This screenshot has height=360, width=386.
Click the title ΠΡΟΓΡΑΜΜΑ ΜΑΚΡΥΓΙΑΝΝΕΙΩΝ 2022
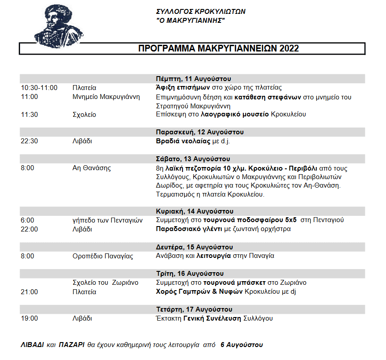(x=218, y=48)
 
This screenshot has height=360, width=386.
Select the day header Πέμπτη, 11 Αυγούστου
(x=193, y=78)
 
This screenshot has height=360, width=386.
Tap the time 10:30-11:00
(x=39, y=88)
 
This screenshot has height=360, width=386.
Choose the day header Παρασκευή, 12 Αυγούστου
(x=200, y=132)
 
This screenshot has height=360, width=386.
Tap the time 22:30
(x=30, y=141)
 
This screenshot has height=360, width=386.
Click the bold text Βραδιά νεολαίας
(x=181, y=141)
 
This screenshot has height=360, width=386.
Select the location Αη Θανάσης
(x=92, y=168)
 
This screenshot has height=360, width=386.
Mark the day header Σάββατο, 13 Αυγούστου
(x=193, y=159)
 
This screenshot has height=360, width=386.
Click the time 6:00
(x=27, y=220)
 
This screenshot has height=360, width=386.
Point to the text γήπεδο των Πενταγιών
(x=107, y=220)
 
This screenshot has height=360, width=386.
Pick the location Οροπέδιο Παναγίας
(x=103, y=256)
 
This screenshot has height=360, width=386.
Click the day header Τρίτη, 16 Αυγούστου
(x=190, y=274)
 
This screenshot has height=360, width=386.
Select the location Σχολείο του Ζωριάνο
(x=106, y=283)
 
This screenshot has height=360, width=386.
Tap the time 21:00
(x=30, y=292)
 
